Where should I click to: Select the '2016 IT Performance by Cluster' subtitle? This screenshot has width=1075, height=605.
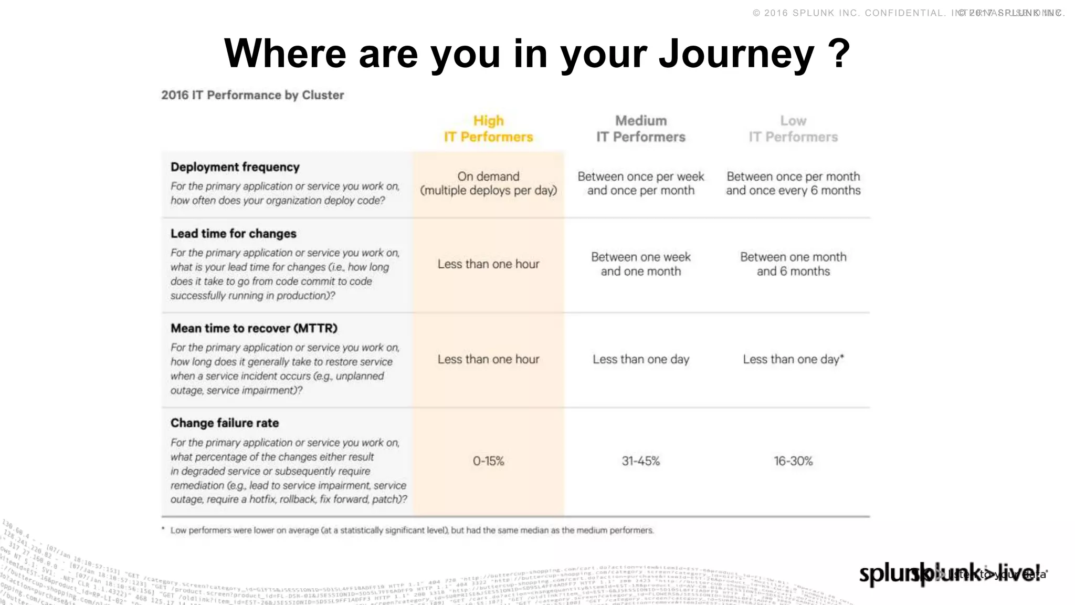252,95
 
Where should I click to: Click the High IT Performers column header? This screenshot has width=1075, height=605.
488,129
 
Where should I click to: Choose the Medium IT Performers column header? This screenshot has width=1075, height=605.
640,129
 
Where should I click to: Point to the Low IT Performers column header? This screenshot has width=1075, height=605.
793,129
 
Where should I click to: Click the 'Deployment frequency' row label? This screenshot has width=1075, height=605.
235,167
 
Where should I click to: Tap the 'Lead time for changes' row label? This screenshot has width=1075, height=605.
234,234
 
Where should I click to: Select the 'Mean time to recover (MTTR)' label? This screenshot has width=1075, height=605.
254,328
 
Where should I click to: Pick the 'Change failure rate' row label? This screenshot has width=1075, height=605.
225,423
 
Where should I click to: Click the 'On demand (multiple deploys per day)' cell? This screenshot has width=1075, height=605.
488,183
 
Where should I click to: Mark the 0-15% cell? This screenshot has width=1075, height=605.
488,461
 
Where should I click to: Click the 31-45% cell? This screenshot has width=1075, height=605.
640,461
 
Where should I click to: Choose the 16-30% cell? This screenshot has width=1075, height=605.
793,461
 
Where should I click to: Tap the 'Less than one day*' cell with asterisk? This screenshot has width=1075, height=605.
793,359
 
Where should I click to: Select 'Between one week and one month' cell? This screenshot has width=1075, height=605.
640,264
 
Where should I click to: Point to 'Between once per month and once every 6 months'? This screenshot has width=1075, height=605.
793,183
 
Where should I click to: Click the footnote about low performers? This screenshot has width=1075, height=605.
409,530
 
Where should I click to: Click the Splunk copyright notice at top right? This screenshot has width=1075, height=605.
908,13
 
